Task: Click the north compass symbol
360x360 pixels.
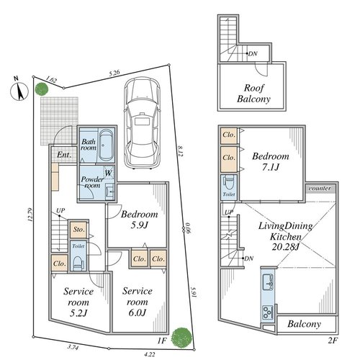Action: click(19, 91)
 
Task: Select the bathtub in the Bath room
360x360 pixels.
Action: click(106, 145)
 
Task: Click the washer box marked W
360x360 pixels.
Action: click(109, 173)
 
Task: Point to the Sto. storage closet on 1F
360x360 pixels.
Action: click(78, 230)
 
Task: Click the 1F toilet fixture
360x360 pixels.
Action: click(78, 263)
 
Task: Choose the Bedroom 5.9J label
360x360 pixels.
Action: click(140, 220)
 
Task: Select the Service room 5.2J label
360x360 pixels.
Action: click(78, 302)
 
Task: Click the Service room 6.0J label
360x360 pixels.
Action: click(138, 302)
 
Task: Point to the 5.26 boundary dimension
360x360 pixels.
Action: click(114, 73)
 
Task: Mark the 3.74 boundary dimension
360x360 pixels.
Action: click(73, 347)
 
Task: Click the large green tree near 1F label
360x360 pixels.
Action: click(182, 337)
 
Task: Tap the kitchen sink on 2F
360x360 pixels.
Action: click(268, 282)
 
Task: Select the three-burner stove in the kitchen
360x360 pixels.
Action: click(268, 312)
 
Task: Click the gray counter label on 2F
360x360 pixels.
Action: click(320, 188)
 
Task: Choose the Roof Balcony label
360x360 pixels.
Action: click(253, 94)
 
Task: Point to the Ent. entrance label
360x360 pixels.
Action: click(64, 155)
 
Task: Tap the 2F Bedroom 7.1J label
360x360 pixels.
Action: click(271, 161)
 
